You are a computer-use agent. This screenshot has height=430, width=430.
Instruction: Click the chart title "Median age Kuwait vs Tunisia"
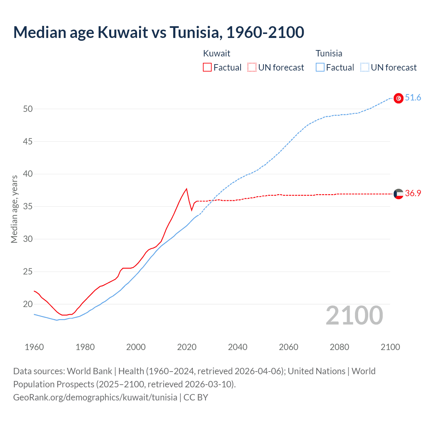[x=159, y=32]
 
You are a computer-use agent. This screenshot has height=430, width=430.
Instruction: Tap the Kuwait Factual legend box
[x=207, y=67]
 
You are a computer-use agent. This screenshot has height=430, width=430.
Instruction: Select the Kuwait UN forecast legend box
[x=252, y=67]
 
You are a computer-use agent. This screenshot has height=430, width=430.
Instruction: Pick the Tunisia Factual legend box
[x=320, y=67]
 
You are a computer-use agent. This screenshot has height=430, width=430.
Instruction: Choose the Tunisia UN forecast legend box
[x=365, y=67]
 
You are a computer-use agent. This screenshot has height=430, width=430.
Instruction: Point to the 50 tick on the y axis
[x=28, y=109]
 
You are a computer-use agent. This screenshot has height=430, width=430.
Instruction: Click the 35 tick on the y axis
[x=28, y=206]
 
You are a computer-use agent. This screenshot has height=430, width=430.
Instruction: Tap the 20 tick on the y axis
[x=28, y=304]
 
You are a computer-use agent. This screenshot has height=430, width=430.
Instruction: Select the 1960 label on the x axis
[x=34, y=347]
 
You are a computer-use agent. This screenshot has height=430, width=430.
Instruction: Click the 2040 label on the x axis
[x=238, y=347]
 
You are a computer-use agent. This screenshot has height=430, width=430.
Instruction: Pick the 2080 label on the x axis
[x=339, y=347]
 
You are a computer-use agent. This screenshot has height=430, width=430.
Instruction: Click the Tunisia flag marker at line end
[x=398, y=98]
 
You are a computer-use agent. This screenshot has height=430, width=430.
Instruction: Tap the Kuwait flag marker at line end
[x=398, y=194]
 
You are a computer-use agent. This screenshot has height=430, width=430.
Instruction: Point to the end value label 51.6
[x=413, y=98]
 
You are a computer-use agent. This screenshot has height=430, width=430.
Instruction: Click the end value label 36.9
[x=413, y=193]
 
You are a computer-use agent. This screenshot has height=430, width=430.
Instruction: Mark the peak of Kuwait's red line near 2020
[x=186, y=188]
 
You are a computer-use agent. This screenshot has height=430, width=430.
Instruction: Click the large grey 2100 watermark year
[x=354, y=315]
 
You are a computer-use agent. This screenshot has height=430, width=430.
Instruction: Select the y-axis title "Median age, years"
[x=14, y=209]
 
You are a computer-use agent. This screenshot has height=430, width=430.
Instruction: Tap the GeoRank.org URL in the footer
[x=95, y=397]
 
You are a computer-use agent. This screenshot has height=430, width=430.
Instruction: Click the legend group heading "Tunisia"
[x=329, y=53]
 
